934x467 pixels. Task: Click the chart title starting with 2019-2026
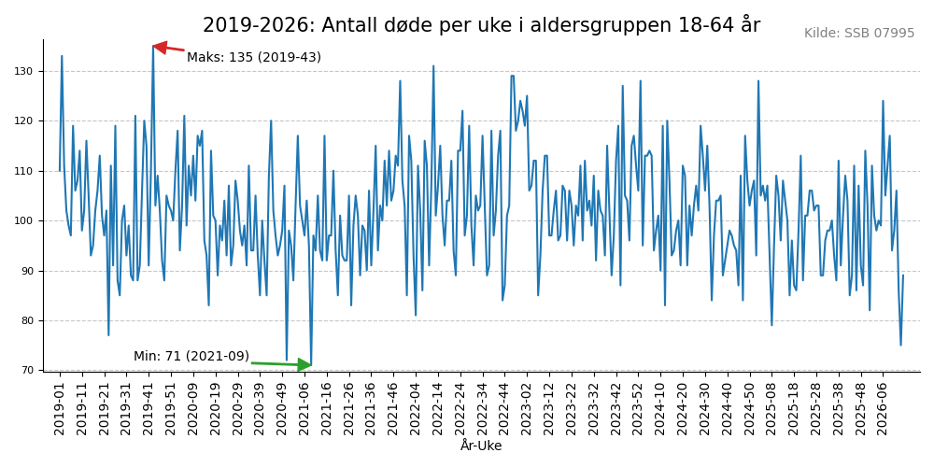coord(481,25)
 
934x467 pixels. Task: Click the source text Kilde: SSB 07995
coord(859,34)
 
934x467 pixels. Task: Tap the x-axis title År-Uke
coord(481,446)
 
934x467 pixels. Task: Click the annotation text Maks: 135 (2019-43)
coord(254,58)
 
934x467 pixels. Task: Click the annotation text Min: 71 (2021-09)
coord(191,357)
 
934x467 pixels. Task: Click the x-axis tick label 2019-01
coord(60,408)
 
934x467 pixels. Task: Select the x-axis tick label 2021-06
coord(304,408)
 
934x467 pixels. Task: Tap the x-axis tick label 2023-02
coord(527,408)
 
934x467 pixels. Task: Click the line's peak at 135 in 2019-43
coord(153,47)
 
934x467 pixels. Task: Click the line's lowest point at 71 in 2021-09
coord(311,365)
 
